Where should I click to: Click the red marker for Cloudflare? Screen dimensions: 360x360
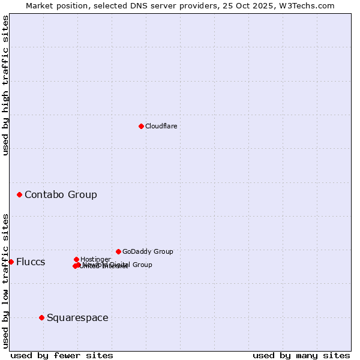click(141, 126)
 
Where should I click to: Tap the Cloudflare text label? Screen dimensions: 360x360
click(161, 126)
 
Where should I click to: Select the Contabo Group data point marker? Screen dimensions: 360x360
click(20, 194)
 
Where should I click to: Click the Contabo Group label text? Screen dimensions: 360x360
click(61, 194)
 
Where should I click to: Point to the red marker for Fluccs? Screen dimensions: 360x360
click(11, 262)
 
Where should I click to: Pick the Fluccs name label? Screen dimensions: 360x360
click(31, 262)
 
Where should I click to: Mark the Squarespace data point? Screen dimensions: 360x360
click(41, 317)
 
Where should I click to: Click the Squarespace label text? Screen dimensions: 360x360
click(77, 317)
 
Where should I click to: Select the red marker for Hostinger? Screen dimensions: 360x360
click(76, 259)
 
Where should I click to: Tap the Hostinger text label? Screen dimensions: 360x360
click(95, 259)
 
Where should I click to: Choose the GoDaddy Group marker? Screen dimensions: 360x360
click(118, 251)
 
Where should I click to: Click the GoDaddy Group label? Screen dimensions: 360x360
click(148, 251)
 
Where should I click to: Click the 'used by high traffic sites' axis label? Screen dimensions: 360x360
click(5, 85)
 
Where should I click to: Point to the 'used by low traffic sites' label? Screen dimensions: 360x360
click(5, 280)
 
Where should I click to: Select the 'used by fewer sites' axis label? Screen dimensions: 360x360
click(62, 355)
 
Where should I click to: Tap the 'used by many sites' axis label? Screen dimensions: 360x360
click(301, 355)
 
